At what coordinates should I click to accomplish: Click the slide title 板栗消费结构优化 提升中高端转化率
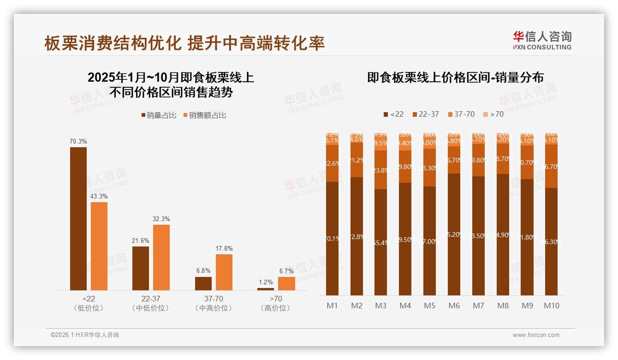point(184,43)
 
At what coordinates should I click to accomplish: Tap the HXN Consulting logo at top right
point(542,41)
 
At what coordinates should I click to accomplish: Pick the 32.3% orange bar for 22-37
point(161,257)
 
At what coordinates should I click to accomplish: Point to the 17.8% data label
point(224,248)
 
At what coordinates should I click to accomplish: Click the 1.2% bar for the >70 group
point(266,289)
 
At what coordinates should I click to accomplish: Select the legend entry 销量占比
point(159,115)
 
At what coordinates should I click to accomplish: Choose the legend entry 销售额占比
point(205,115)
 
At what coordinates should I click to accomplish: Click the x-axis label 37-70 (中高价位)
point(214,303)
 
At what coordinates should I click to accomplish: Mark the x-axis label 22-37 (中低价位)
point(151,303)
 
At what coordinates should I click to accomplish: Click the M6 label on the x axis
point(454,306)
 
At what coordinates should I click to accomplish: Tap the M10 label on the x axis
point(552,306)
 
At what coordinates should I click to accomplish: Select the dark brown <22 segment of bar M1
point(333,238)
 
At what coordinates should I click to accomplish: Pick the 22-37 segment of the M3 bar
point(381,170)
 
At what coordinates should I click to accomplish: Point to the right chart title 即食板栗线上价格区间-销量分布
point(455,77)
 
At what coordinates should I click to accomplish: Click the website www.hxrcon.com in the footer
point(536,335)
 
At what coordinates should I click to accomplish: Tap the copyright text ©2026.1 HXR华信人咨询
point(85,335)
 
